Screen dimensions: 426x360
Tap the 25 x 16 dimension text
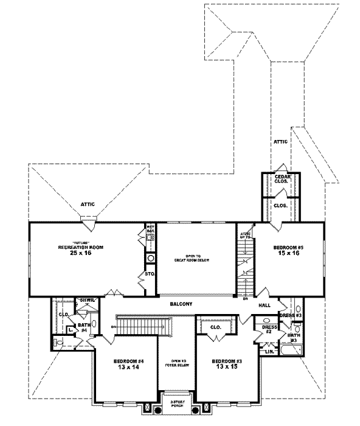tap(80, 254)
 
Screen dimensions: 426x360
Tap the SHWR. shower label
tap(84, 300)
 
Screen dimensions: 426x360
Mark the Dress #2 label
tap(269, 329)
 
